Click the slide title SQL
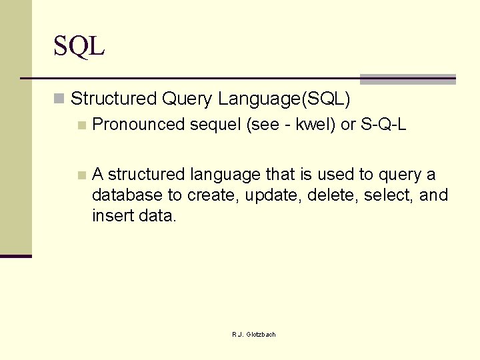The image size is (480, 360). tap(79, 47)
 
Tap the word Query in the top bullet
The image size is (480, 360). tap(187, 99)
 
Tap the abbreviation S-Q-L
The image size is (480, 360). tap(384, 125)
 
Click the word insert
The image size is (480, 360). tap(110, 216)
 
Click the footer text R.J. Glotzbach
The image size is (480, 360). tap(253, 334)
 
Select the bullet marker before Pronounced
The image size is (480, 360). tap(81, 125)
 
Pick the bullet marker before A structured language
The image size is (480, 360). tap(81, 175)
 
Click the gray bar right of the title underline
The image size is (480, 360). tap(407, 79)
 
